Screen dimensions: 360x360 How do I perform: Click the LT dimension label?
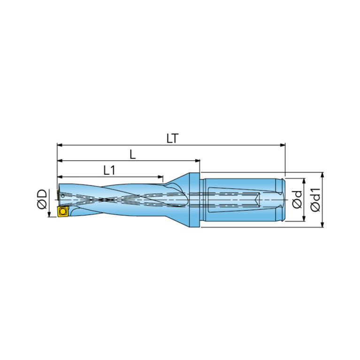172,138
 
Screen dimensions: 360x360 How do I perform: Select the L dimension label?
133,154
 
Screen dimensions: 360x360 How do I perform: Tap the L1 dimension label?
109,170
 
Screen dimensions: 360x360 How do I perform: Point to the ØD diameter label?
42,199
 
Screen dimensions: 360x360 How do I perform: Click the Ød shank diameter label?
297,200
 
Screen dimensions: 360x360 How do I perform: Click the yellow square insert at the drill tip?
62,211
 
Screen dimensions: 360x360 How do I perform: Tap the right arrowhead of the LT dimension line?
283,145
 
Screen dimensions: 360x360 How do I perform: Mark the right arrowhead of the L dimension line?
197,161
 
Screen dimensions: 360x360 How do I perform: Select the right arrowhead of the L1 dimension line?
160,177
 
